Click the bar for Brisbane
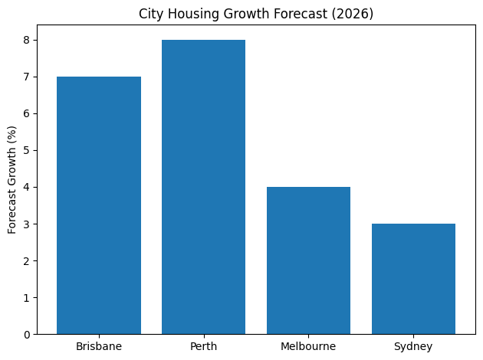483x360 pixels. (99, 205)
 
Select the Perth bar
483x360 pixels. (203, 187)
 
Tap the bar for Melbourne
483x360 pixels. (308, 260)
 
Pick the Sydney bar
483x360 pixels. (413, 279)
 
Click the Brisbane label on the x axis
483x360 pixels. (99, 347)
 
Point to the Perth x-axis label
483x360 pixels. (203, 347)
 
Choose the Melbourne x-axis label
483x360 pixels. (308, 347)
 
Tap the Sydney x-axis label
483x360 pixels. (413, 347)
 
